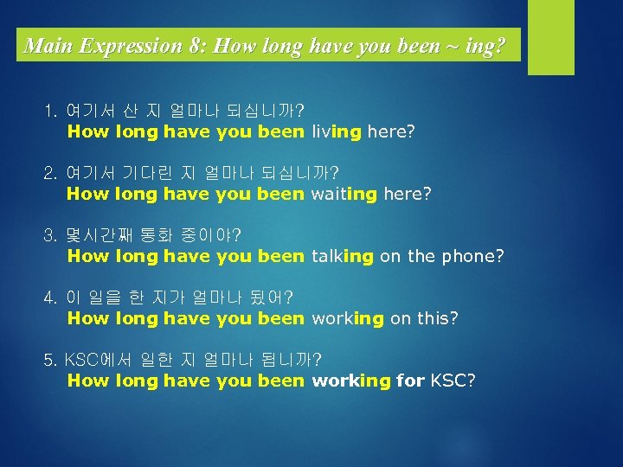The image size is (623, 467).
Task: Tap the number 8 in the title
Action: pyautogui.click(x=196, y=46)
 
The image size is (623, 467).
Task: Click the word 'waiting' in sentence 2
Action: pyautogui.click(x=344, y=194)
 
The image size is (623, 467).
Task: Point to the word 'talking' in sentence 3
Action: pyautogui.click(x=343, y=256)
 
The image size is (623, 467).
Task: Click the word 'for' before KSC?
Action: pyautogui.click(x=410, y=381)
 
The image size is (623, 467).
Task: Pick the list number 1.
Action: pyautogui.click(x=50, y=112)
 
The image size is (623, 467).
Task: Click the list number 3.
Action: pyautogui.click(x=50, y=235)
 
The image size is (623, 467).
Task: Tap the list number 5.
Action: pyautogui.click(x=50, y=360)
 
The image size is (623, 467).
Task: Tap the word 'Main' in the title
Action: pyautogui.click(x=48, y=46)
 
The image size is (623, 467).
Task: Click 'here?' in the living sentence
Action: pyautogui.click(x=391, y=132)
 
